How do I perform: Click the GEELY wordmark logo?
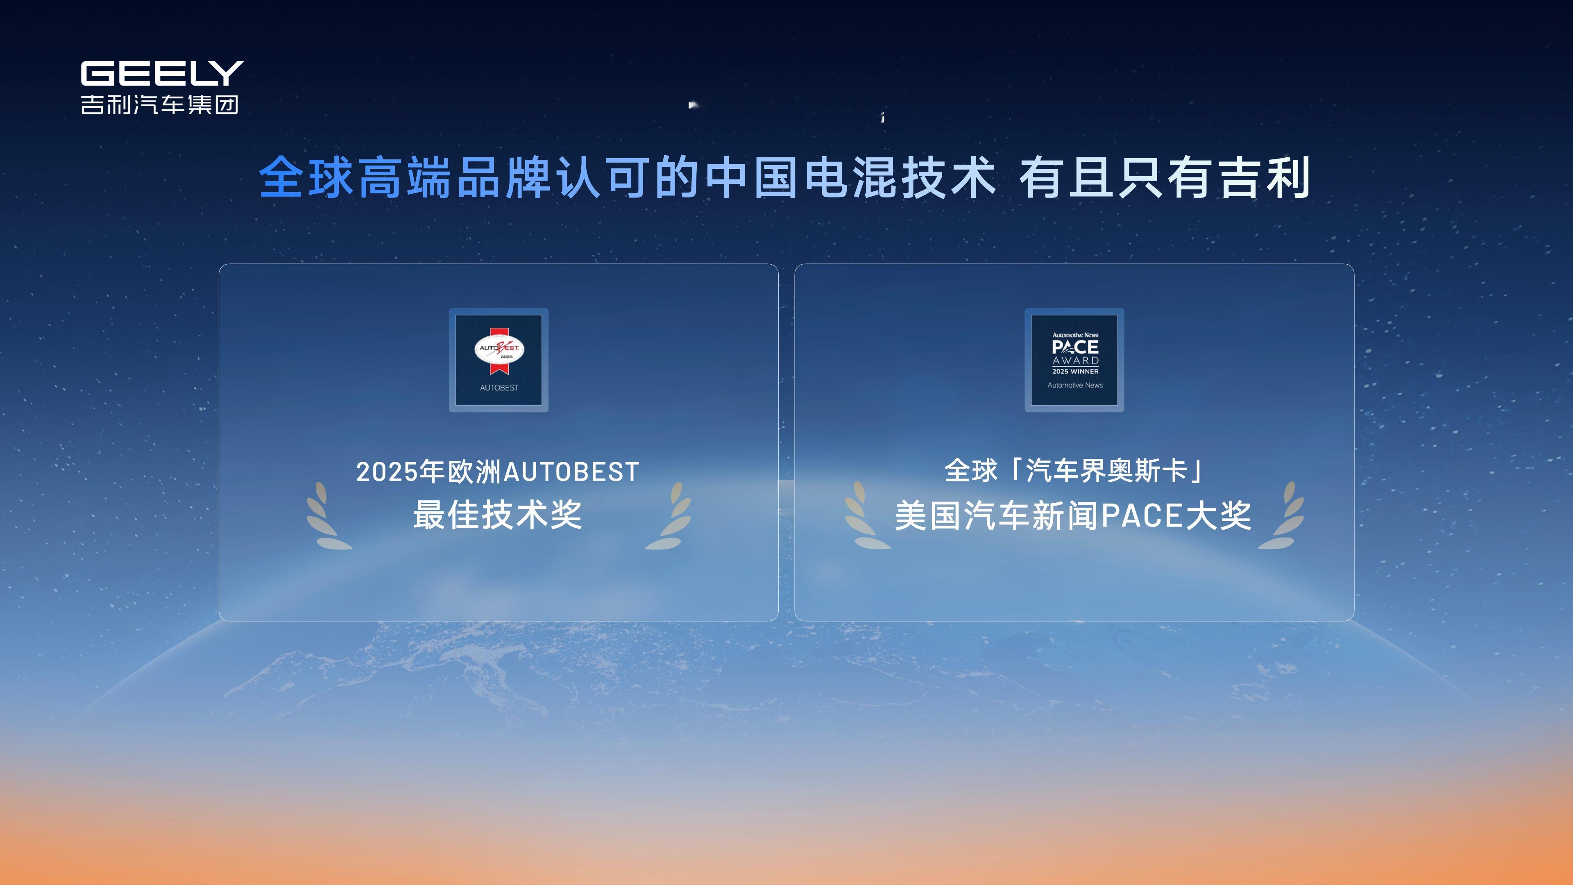162,73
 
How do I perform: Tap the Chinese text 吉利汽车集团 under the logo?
159,104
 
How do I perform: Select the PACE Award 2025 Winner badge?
1074,360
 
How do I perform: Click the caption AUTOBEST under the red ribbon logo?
499,388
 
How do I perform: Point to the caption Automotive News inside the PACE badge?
1075,386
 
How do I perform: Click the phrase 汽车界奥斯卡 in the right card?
1106,470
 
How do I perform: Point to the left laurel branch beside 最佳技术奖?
328,516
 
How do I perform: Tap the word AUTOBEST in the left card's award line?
571,472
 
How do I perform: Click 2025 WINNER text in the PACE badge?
1075,371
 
